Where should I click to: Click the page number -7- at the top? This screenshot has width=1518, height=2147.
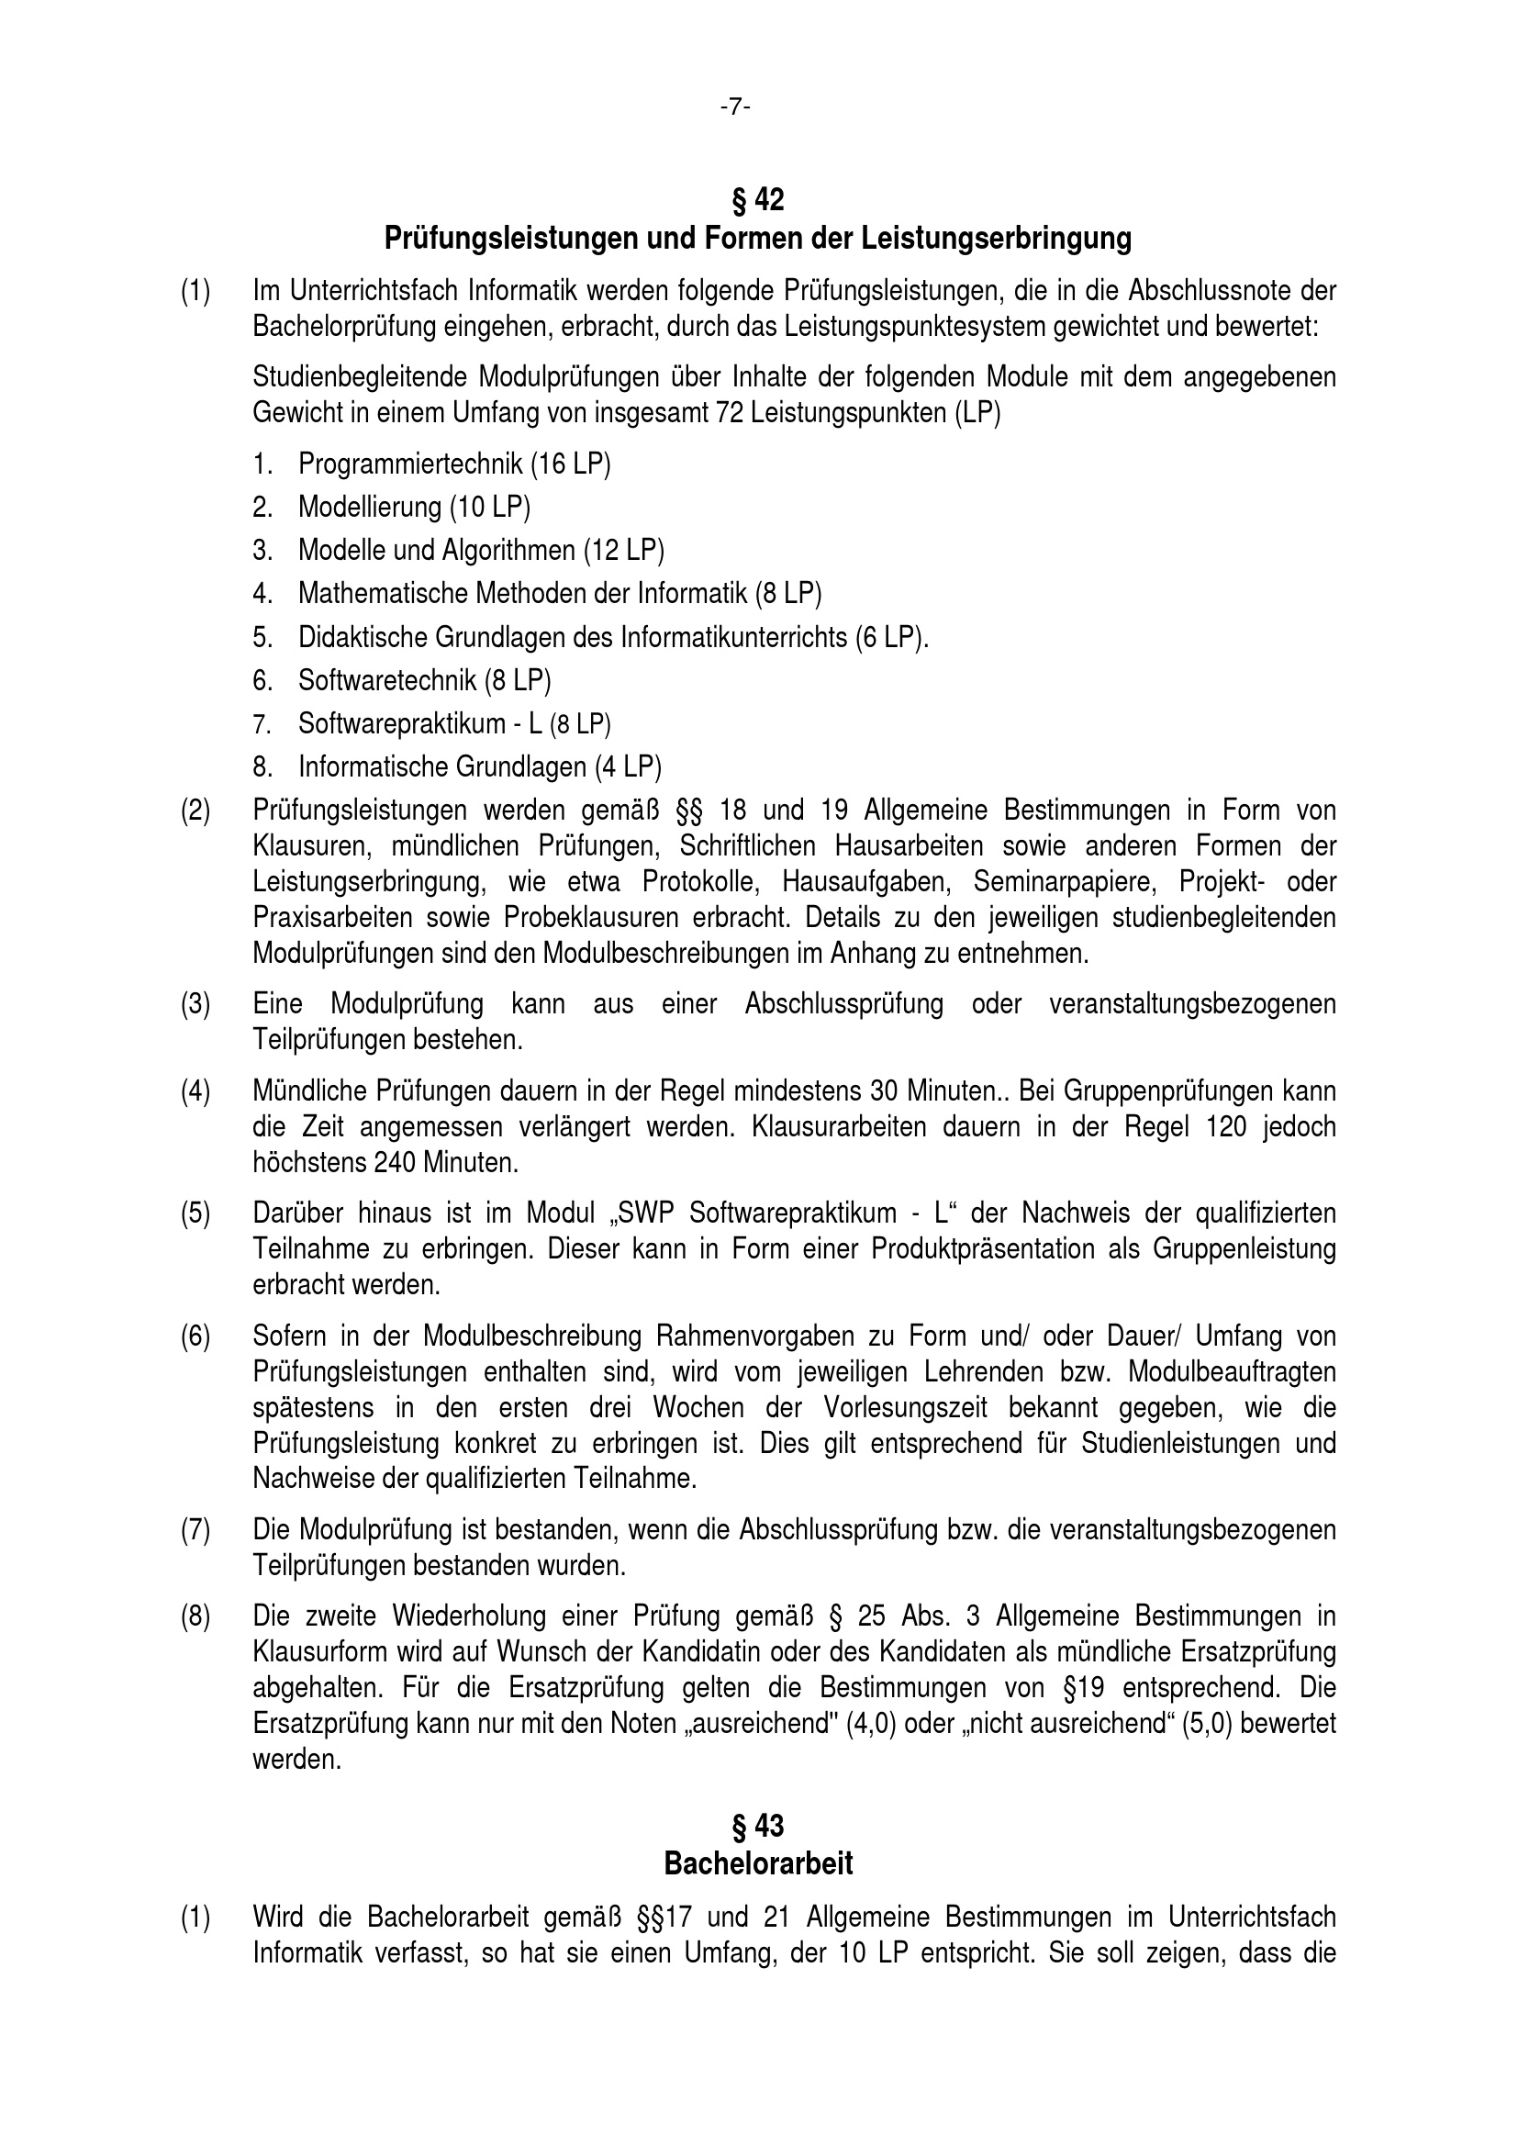tap(735, 107)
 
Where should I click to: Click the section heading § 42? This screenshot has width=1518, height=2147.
tap(758, 200)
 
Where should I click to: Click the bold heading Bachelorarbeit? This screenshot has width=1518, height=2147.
tap(758, 1863)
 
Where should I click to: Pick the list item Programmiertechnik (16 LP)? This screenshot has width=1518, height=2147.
tap(453, 464)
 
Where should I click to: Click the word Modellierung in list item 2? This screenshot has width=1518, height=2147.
tap(369, 507)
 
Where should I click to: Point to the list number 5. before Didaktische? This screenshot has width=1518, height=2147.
tap(262, 638)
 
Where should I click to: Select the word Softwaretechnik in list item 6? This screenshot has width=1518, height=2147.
tap(387, 681)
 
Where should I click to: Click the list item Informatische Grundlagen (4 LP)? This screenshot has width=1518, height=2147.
tap(479, 766)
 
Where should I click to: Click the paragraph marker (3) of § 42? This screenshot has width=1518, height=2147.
tap(195, 1004)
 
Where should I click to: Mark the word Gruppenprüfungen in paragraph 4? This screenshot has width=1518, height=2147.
tap(1163, 1091)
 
